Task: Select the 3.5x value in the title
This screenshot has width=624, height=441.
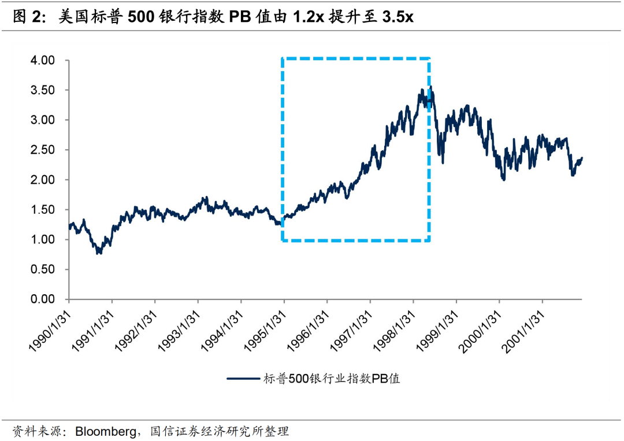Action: [397, 17]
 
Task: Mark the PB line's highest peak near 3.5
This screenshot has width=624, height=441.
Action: [430, 88]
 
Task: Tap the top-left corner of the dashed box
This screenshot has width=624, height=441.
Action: [282, 58]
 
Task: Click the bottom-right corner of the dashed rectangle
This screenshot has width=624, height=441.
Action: [429, 240]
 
